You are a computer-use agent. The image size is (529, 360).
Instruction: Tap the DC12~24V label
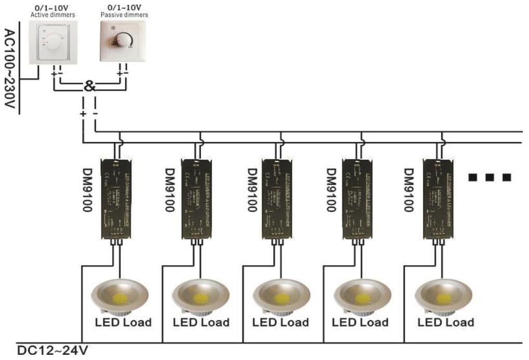point(52,351)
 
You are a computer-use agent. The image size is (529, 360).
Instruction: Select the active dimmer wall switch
point(56,42)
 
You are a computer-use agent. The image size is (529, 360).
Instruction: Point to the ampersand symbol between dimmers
point(89,87)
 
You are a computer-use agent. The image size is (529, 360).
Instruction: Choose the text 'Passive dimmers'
point(124,15)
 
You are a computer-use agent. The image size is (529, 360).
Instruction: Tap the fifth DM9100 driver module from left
point(437,198)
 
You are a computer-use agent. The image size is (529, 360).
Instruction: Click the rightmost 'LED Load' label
point(445,322)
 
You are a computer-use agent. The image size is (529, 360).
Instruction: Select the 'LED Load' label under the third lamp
point(280,322)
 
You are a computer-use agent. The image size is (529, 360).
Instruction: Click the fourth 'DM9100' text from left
point(331,189)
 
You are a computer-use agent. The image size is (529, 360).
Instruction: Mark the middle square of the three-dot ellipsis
point(489,177)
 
